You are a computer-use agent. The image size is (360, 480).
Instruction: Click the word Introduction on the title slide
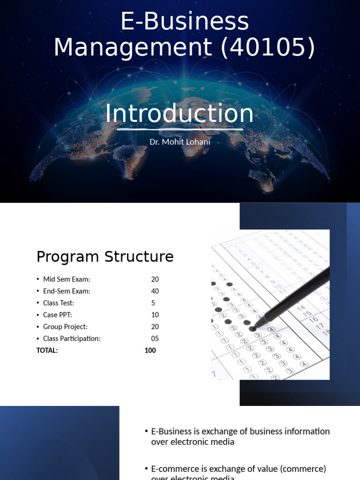tap(179, 114)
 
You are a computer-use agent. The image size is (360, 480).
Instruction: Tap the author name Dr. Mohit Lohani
tap(180, 141)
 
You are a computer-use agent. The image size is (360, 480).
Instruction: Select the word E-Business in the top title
tap(185, 22)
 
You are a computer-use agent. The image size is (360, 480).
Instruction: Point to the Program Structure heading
tap(105, 257)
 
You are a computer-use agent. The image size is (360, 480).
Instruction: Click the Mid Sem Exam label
tap(66, 279)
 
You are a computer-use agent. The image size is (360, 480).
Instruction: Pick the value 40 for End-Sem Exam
tap(155, 291)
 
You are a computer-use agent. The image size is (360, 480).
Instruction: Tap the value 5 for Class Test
tap(153, 303)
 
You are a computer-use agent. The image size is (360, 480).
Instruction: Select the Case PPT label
tap(57, 315)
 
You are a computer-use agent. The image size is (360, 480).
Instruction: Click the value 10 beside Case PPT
tap(155, 315)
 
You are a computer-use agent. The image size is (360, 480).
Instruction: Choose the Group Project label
tap(65, 327)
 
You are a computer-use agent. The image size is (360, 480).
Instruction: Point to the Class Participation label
tap(72, 338)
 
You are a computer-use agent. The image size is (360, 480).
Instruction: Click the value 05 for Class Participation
tap(155, 338)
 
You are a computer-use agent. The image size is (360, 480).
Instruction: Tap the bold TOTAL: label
tap(47, 350)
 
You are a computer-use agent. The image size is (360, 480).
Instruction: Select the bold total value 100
tap(150, 350)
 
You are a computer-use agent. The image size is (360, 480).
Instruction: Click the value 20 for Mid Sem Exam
tap(155, 279)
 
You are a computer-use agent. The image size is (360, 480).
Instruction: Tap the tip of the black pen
tap(254, 328)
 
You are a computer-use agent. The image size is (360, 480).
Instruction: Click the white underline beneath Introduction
tap(180, 129)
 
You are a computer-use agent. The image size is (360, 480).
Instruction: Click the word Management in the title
tap(132, 47)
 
